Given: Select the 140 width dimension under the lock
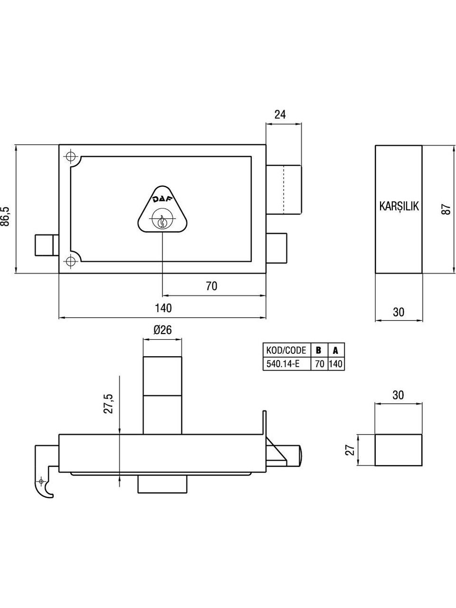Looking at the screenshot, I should [x=163, y=308].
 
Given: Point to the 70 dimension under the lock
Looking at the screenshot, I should [x=211, y=286].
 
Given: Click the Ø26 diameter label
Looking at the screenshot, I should [x=162, y=330].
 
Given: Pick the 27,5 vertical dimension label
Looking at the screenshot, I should [x=108, y=403].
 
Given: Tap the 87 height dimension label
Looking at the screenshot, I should [x=446, y=209].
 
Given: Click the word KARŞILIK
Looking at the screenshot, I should [x=399, y=207].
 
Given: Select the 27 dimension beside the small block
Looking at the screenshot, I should [x=349, y=450].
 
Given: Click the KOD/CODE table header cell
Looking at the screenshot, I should [x=286, y=351].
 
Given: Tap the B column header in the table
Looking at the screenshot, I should [x=319, y=351].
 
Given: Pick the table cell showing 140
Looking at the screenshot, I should [x=336, y=364].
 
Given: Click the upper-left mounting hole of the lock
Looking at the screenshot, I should [x=71, y=157].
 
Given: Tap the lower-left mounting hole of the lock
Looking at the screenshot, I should [x=71, y=261].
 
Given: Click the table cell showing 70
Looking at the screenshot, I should [x=319, y=364].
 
